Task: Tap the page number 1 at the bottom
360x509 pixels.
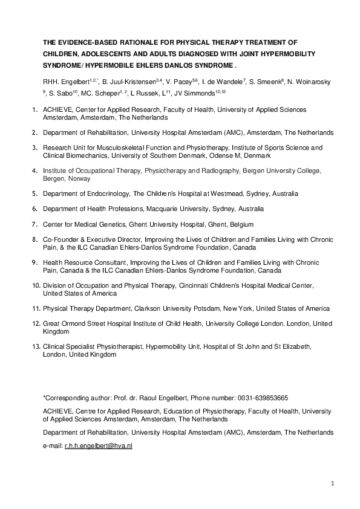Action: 333,484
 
